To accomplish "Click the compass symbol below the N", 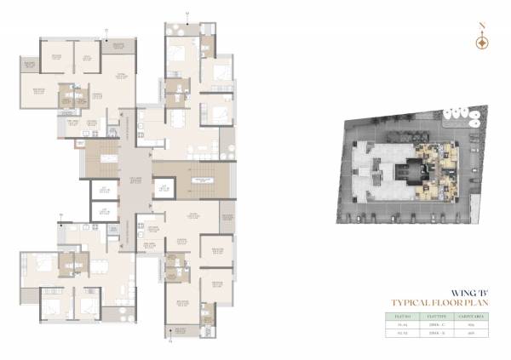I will point(482,41).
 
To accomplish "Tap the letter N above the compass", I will point(482,26).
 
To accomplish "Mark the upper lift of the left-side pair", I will point(103,191).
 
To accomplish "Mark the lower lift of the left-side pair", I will point(103,211).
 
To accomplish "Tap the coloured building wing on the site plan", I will point(434,162).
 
